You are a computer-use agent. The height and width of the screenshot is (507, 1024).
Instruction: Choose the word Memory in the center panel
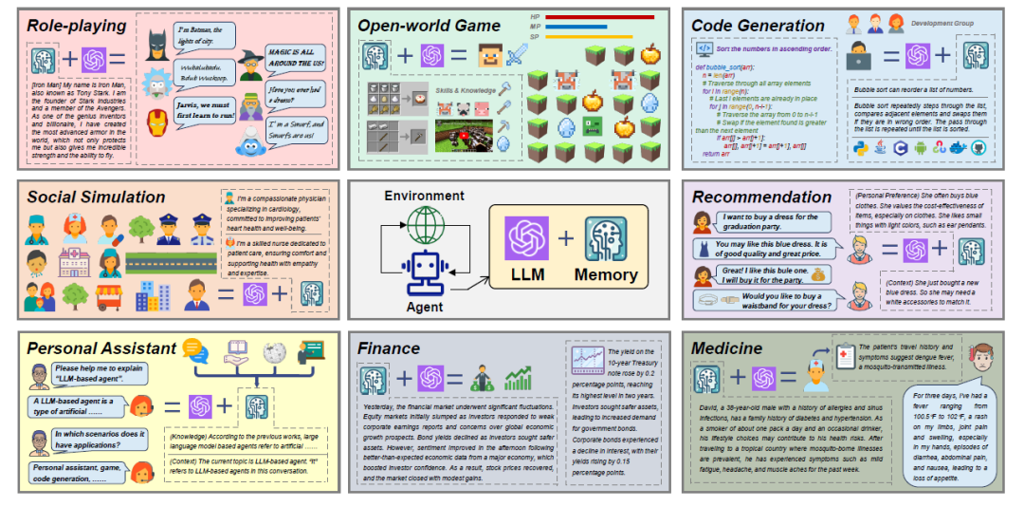click(x=606, y=275)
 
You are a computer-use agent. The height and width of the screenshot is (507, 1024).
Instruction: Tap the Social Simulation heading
click(x=96, y=197)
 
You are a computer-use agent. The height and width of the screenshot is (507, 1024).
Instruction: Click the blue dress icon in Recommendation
click(x=703, y=249)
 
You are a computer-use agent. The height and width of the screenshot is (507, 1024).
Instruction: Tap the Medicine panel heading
click(x=727, y=348)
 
